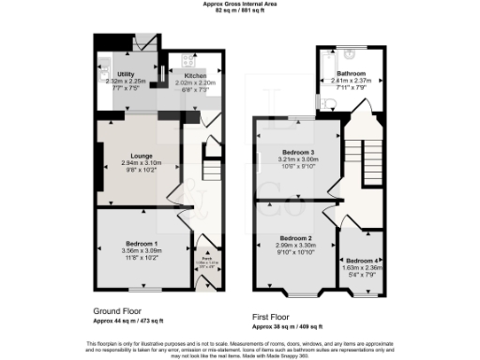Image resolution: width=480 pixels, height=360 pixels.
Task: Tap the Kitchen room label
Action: click(194, 74)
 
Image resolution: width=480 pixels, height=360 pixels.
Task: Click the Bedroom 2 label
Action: click(294, 238)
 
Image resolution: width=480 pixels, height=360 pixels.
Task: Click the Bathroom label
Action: click(352, 72)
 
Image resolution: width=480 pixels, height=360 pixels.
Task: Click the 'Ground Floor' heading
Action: click(118, 310)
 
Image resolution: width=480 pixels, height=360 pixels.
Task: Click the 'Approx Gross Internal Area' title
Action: click(240, 4)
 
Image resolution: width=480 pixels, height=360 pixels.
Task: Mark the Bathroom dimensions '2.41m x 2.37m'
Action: click(352, 80)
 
